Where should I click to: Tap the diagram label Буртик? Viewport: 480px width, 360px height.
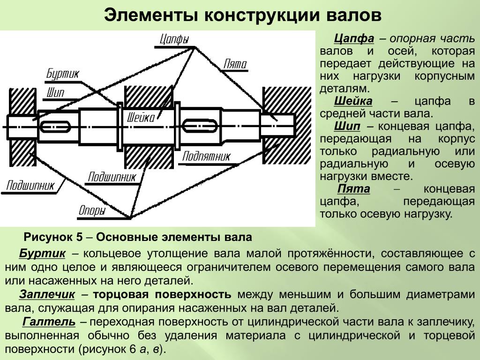pyautogui.click(x=63, y=74)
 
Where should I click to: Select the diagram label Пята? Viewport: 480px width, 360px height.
pyautogui.click(x=235, y=64)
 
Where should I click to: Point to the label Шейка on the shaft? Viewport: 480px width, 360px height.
pyautogui.click(x=141, y=117)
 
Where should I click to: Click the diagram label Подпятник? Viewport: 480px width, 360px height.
pyautogui.click(x=206, y=156)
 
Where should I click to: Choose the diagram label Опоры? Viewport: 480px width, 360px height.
pyautogui.click(x=92, y=211)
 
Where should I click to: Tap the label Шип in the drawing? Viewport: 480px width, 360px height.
pyautogui.click(x=55, y=92)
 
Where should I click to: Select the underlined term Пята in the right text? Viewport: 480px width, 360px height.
pyautogui.click(x=353, y=189)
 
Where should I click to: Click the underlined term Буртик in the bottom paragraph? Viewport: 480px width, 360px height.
pyautogui.click(x=42, y=254)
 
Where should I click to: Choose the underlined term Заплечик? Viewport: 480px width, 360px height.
pyautogui.click(x=47, y=294)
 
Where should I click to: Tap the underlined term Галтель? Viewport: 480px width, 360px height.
pyautogui.click(x=49, y=322)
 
